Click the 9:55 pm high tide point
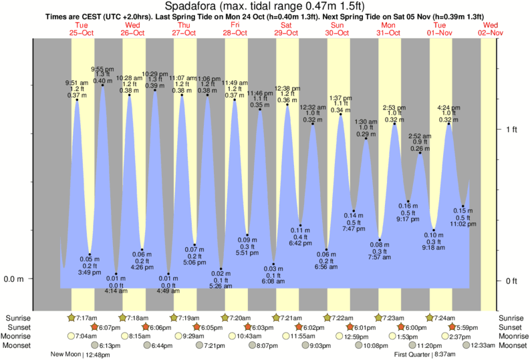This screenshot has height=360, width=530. (x=102, y=85)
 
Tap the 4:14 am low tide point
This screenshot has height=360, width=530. (x=116, y=274)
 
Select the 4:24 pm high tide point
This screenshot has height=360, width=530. (x=448, y=124)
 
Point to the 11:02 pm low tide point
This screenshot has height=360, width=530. (x=462, y=206)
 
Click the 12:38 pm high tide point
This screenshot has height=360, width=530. (x=287, y=105)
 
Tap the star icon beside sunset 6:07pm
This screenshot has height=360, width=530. (x=94, y=327)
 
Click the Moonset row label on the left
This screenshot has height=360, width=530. (x=18, y=345)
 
